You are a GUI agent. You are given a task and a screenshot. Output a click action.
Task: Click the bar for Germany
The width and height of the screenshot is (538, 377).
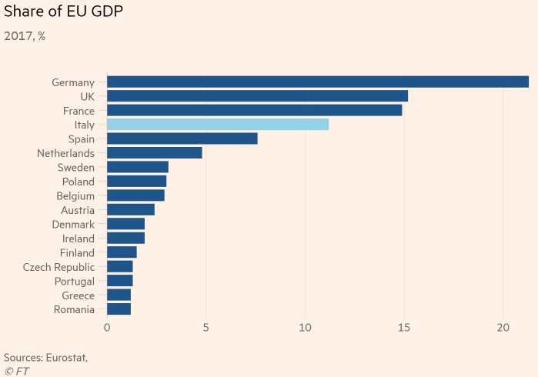click(x=317, y=82)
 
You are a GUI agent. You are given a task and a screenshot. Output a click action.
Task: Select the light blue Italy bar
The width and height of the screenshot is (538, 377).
click(x=218, y=125)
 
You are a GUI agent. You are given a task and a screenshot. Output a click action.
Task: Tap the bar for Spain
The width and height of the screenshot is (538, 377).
click(x=182, y=138)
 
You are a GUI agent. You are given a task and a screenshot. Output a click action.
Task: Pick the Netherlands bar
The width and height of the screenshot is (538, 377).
click(x=154, y=152)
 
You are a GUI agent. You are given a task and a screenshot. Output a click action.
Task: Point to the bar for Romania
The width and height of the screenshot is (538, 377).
click(x=119, y=309)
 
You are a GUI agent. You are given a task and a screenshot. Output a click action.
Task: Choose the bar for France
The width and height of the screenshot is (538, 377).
click(x=254, y=110)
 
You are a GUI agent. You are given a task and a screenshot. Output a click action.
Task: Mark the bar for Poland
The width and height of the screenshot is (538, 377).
click(x=136, y=182)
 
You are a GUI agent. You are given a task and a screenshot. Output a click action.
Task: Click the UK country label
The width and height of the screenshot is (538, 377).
click(x=87, y=96)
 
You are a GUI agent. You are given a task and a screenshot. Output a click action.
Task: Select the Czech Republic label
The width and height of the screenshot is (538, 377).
click(x=58, y=267)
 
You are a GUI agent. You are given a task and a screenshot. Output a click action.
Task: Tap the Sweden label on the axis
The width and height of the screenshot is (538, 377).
click(x=75, y=167)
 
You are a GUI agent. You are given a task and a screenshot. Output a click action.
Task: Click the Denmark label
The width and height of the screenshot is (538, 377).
click(x=74, y=224)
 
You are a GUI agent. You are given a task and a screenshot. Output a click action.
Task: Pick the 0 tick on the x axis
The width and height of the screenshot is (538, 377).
click(x=107, y=328)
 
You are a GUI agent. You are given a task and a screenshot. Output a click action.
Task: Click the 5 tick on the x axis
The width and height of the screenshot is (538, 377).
click(x=206, y=328)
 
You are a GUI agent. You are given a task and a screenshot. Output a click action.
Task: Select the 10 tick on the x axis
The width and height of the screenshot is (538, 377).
click(x=305, y=328)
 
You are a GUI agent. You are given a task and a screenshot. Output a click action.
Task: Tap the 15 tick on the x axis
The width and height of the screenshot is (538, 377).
click(x=404, y=328)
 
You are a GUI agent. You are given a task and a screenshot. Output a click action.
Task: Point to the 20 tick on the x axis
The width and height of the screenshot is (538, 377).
click(x=503, y=328)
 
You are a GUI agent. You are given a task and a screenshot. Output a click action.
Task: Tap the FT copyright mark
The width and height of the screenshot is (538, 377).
click(x=16, y=371)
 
